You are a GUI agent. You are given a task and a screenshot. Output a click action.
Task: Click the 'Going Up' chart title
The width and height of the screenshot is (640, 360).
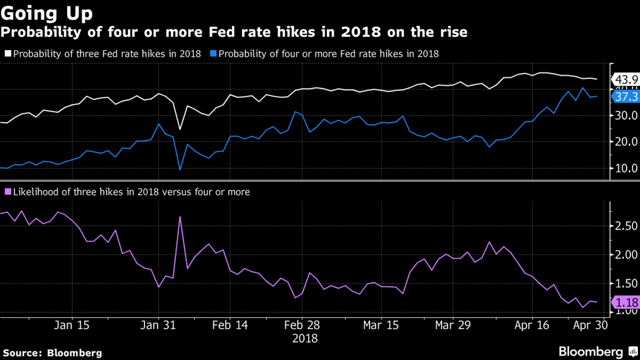[46, 13]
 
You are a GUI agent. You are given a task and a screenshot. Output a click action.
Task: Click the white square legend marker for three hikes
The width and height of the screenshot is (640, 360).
[8, 54]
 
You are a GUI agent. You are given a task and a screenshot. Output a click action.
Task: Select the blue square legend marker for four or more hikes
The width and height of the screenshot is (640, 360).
[213, 54]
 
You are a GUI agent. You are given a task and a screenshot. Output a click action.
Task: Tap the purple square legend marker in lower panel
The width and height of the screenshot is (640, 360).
[8, 192]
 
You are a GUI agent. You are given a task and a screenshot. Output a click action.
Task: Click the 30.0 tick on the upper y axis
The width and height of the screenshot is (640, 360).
[626, 116]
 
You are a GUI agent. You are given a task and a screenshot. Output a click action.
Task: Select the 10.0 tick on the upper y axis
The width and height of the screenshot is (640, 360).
[626, 168]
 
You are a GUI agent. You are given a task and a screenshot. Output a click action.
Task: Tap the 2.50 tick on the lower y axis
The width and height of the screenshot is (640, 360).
[626, 226]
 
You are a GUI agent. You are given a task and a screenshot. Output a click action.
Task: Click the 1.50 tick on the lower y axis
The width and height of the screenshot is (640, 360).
[626, 283]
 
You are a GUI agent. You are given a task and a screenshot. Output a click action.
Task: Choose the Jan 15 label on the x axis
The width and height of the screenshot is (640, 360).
[72, 325]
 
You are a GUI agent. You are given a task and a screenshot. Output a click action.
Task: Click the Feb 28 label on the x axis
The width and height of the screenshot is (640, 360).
[302, 325]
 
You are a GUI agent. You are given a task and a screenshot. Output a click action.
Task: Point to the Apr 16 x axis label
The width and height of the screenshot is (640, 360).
[531, 325]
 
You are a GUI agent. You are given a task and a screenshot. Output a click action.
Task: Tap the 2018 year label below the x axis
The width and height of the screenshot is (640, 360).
[305, 338]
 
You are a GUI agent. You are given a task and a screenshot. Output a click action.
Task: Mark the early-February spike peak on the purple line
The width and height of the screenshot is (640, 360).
[180, 217]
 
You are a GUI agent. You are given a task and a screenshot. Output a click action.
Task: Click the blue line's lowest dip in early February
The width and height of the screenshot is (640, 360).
[180, 169]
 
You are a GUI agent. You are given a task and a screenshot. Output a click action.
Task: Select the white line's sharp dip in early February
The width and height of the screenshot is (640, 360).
[180, 129]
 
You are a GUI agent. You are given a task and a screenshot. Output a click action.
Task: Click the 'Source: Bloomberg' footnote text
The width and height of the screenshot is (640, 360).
[52, 353]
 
